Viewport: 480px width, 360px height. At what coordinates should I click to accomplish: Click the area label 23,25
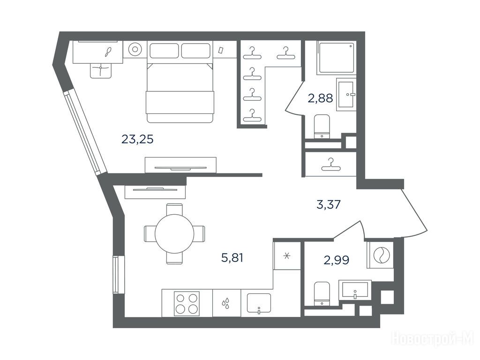tap(137, 139)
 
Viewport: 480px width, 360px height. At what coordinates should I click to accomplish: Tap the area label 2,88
tap(321, 98)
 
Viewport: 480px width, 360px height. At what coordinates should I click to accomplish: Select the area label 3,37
tap(329, 204)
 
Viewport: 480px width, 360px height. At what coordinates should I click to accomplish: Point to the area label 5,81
tap(232, 258)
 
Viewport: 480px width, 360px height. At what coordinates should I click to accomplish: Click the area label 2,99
tap(337, 260)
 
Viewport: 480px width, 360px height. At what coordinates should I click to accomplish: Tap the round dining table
tap(174, 233)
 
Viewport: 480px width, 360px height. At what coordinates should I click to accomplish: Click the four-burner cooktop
tap(187, 303)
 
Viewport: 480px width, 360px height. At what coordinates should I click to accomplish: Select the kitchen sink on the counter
tap(259, 303)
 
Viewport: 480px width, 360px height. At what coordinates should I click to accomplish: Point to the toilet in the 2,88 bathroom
tap(322, 127)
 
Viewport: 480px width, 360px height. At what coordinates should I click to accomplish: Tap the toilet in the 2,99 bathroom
tap(322, 293)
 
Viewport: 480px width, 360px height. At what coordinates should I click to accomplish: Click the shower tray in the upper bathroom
tap(337, 58)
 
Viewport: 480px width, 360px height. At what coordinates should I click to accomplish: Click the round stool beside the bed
tap(135, 49)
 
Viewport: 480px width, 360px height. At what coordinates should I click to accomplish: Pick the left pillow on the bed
tap(164, 51)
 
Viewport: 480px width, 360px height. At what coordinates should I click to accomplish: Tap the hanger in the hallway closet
tap(330, 165)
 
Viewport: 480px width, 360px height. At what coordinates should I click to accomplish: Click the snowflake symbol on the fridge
tap(287, 256)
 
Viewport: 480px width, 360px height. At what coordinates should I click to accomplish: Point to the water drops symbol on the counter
tap(225, 303)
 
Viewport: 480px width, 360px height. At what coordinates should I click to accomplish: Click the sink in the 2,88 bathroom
tap(346, 94)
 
